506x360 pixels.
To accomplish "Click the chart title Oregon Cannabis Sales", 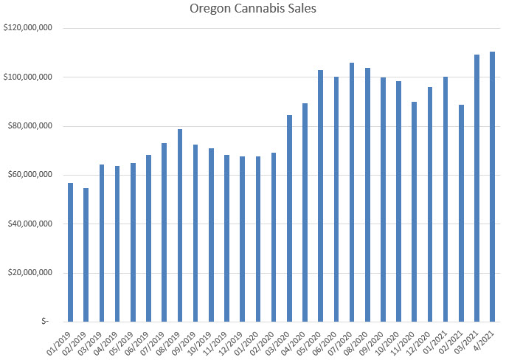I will click(252, 10).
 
